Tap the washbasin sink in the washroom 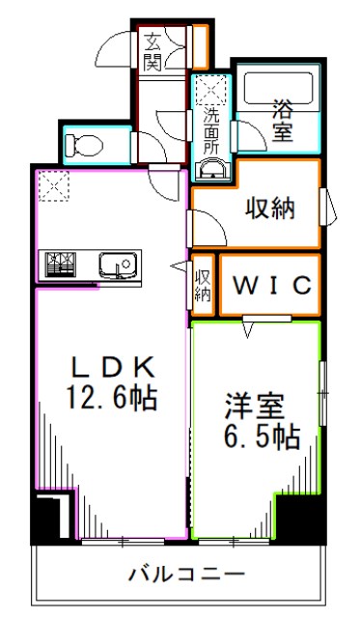pos(211,171)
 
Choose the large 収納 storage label pos(268,207)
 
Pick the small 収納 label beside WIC pos(203,285)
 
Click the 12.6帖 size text pos(111,395)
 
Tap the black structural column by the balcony pos(44,520)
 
